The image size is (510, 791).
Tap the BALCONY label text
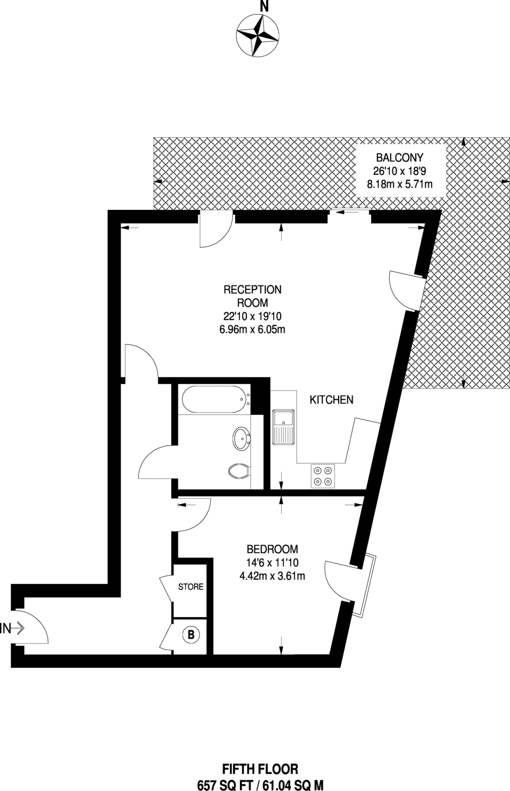pyautogui.click(x=399, y=158)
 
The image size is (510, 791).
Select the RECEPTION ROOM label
pyautogui.click(x=252, y=296)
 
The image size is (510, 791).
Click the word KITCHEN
pyautogui.click(x=331, y=400)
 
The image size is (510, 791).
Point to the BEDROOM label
pyautogui.click(x=272, y=549)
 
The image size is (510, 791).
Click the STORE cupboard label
pyautogui.click(x=191, y=587)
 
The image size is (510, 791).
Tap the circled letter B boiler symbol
pyautogui.click(x=191, y=634)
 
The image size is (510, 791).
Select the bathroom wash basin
pyautogui.click(x=242, y=438)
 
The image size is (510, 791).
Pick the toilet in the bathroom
pyautogui.click(x=239, y=471)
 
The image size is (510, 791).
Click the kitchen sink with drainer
pyautogui.click(x=284, y=427)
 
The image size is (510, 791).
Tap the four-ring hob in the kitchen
pyautogui.click(x=323, y=476)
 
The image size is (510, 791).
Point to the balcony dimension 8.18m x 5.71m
pyautogui.click(x=400, y=184)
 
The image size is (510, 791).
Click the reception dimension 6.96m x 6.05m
pyautogui.click(x=252, y=329)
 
